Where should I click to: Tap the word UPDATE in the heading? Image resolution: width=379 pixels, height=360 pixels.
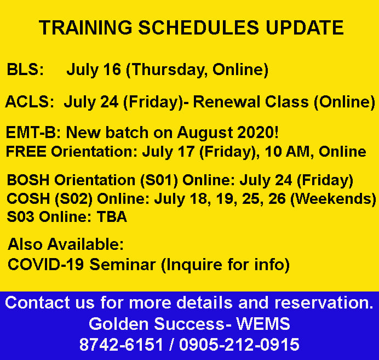click(305, 27)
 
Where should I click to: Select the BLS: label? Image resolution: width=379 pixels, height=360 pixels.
click(25, 70)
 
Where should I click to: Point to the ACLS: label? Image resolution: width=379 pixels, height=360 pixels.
click(30, 101)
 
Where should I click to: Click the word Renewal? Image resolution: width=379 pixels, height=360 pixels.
click(251, 101)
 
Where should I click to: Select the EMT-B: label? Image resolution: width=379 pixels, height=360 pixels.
click(33, 133)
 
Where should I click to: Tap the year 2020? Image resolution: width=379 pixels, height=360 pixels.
click(257, 133)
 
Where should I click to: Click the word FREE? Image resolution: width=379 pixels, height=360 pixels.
click(26, 152)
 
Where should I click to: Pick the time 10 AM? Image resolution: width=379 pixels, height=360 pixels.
click(288, 152)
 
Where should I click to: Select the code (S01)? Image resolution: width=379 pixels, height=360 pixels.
click(159, 181)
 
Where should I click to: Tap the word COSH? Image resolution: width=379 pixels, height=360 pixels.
click(28, 198)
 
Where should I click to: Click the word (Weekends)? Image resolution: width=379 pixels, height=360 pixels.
click(333, 199)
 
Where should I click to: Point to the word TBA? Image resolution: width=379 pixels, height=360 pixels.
click(112, 216)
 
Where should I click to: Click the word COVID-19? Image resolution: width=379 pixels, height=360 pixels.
click(46, 264)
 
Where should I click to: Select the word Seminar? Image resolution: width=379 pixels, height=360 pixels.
click(123, 264)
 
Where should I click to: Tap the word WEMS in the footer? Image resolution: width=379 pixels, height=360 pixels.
click(263, 323)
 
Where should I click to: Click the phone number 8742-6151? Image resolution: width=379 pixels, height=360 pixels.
click(122, 344)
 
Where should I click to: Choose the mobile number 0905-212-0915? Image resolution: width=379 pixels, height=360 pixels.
click(239, 344)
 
